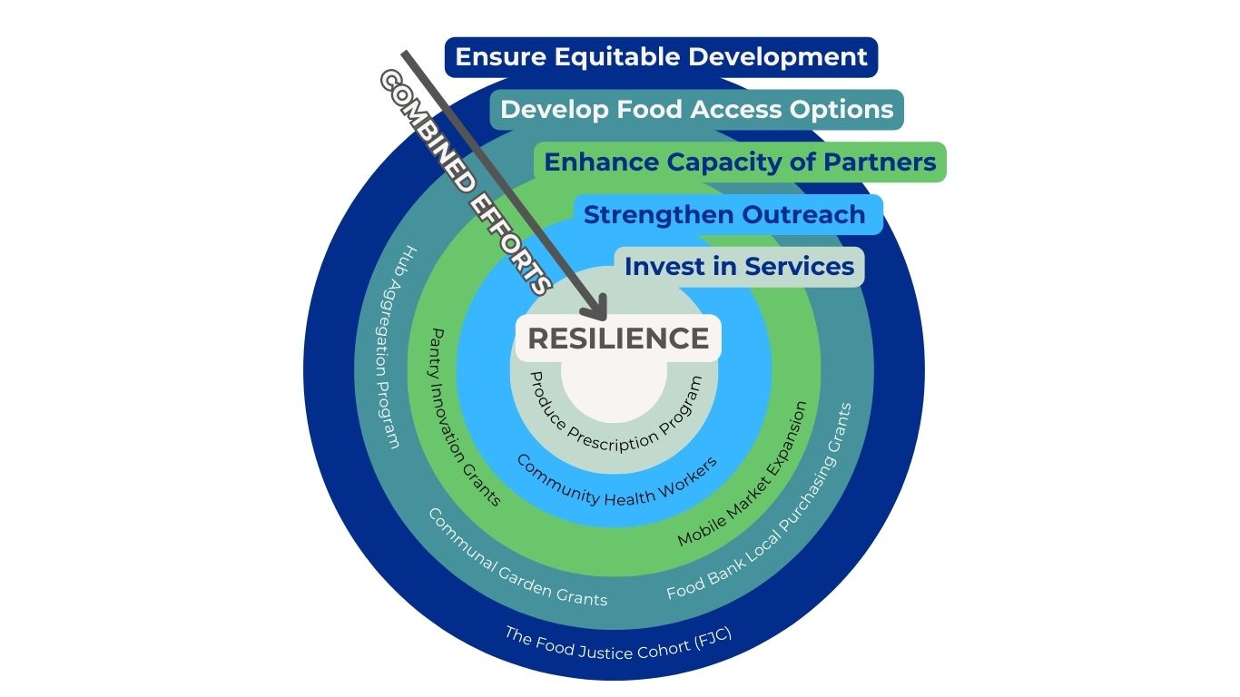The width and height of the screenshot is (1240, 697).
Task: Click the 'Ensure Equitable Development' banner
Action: coord(661,57)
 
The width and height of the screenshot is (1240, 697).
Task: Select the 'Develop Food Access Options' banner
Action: coord(696,110)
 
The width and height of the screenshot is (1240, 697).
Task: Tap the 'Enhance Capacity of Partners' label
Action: coord(740,162)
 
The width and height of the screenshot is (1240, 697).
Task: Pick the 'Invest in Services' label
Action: coord(739,267)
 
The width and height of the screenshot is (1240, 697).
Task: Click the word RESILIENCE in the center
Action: coord(618,339)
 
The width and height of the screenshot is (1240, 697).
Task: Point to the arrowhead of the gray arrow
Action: coord(598,310)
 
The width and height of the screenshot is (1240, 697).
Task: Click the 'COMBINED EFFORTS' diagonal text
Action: coord(466,182)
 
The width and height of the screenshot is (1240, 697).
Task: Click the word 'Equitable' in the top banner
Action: coord(617,57)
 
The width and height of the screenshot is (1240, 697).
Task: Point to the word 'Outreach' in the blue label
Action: coord(803,215)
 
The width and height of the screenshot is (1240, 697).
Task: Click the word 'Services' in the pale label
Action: coord(800,267)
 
